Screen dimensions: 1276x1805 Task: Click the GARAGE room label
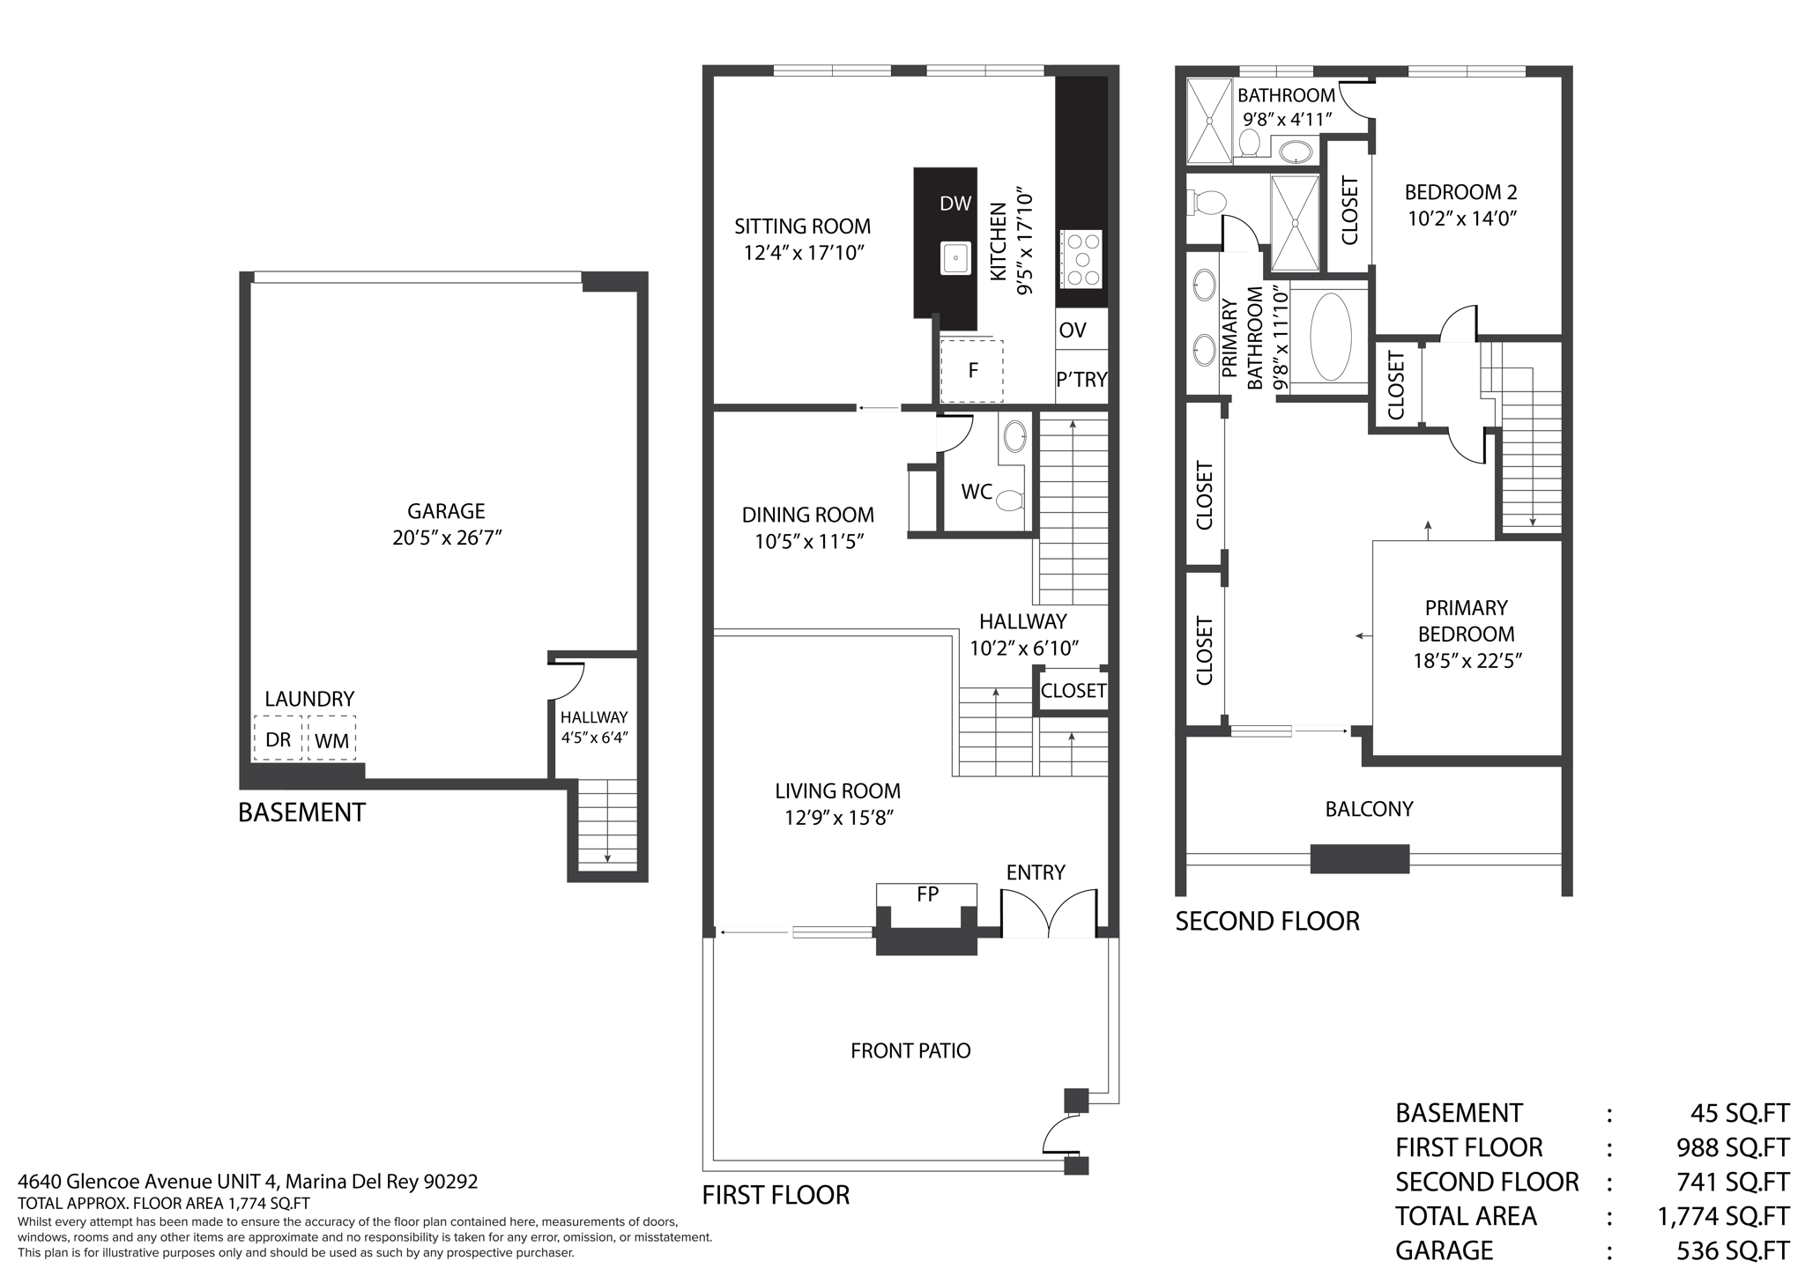(446, 511)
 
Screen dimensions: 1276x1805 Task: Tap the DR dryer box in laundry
(278, 738)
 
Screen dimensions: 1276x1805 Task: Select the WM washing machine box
(331, 740)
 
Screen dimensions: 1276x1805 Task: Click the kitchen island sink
(955, 258)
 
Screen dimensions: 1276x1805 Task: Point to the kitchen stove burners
(1081, 258)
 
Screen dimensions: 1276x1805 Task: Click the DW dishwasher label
(955, 204)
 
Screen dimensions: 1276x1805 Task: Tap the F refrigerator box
(972, 370)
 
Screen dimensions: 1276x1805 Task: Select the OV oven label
(1073, 330)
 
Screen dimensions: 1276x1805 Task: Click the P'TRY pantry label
(1081, 379)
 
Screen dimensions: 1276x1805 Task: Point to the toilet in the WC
(1010, 501)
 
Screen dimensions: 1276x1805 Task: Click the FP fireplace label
(927, 894)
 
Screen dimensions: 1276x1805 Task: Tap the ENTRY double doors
(1049, 915)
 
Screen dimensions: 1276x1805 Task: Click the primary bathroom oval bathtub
(1330, 337)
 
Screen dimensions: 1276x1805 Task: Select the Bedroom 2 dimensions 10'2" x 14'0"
(1461, 219)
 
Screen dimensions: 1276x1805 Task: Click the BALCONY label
(1369, 809)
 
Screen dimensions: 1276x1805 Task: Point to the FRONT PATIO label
(910, 1050)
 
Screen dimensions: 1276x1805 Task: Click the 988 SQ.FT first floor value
(1732, 1147)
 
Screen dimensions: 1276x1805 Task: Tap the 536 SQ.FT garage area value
(1732, 1250)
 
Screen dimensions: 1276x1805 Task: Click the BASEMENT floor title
(301, 812)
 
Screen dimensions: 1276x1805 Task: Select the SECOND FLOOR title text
(1267, 921)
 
